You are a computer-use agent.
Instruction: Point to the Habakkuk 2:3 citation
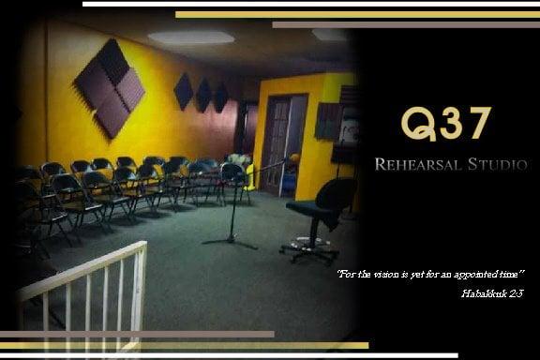click(x=491, y=293)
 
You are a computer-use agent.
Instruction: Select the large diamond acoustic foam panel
click(x=110, y=88)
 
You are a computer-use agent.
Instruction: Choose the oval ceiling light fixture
click(x=191, y=38)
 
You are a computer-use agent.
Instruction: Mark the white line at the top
click(x=309, y=4)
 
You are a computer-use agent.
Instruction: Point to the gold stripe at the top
click(x=356, y=14)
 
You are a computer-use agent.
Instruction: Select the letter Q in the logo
click(x=415, y=124)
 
